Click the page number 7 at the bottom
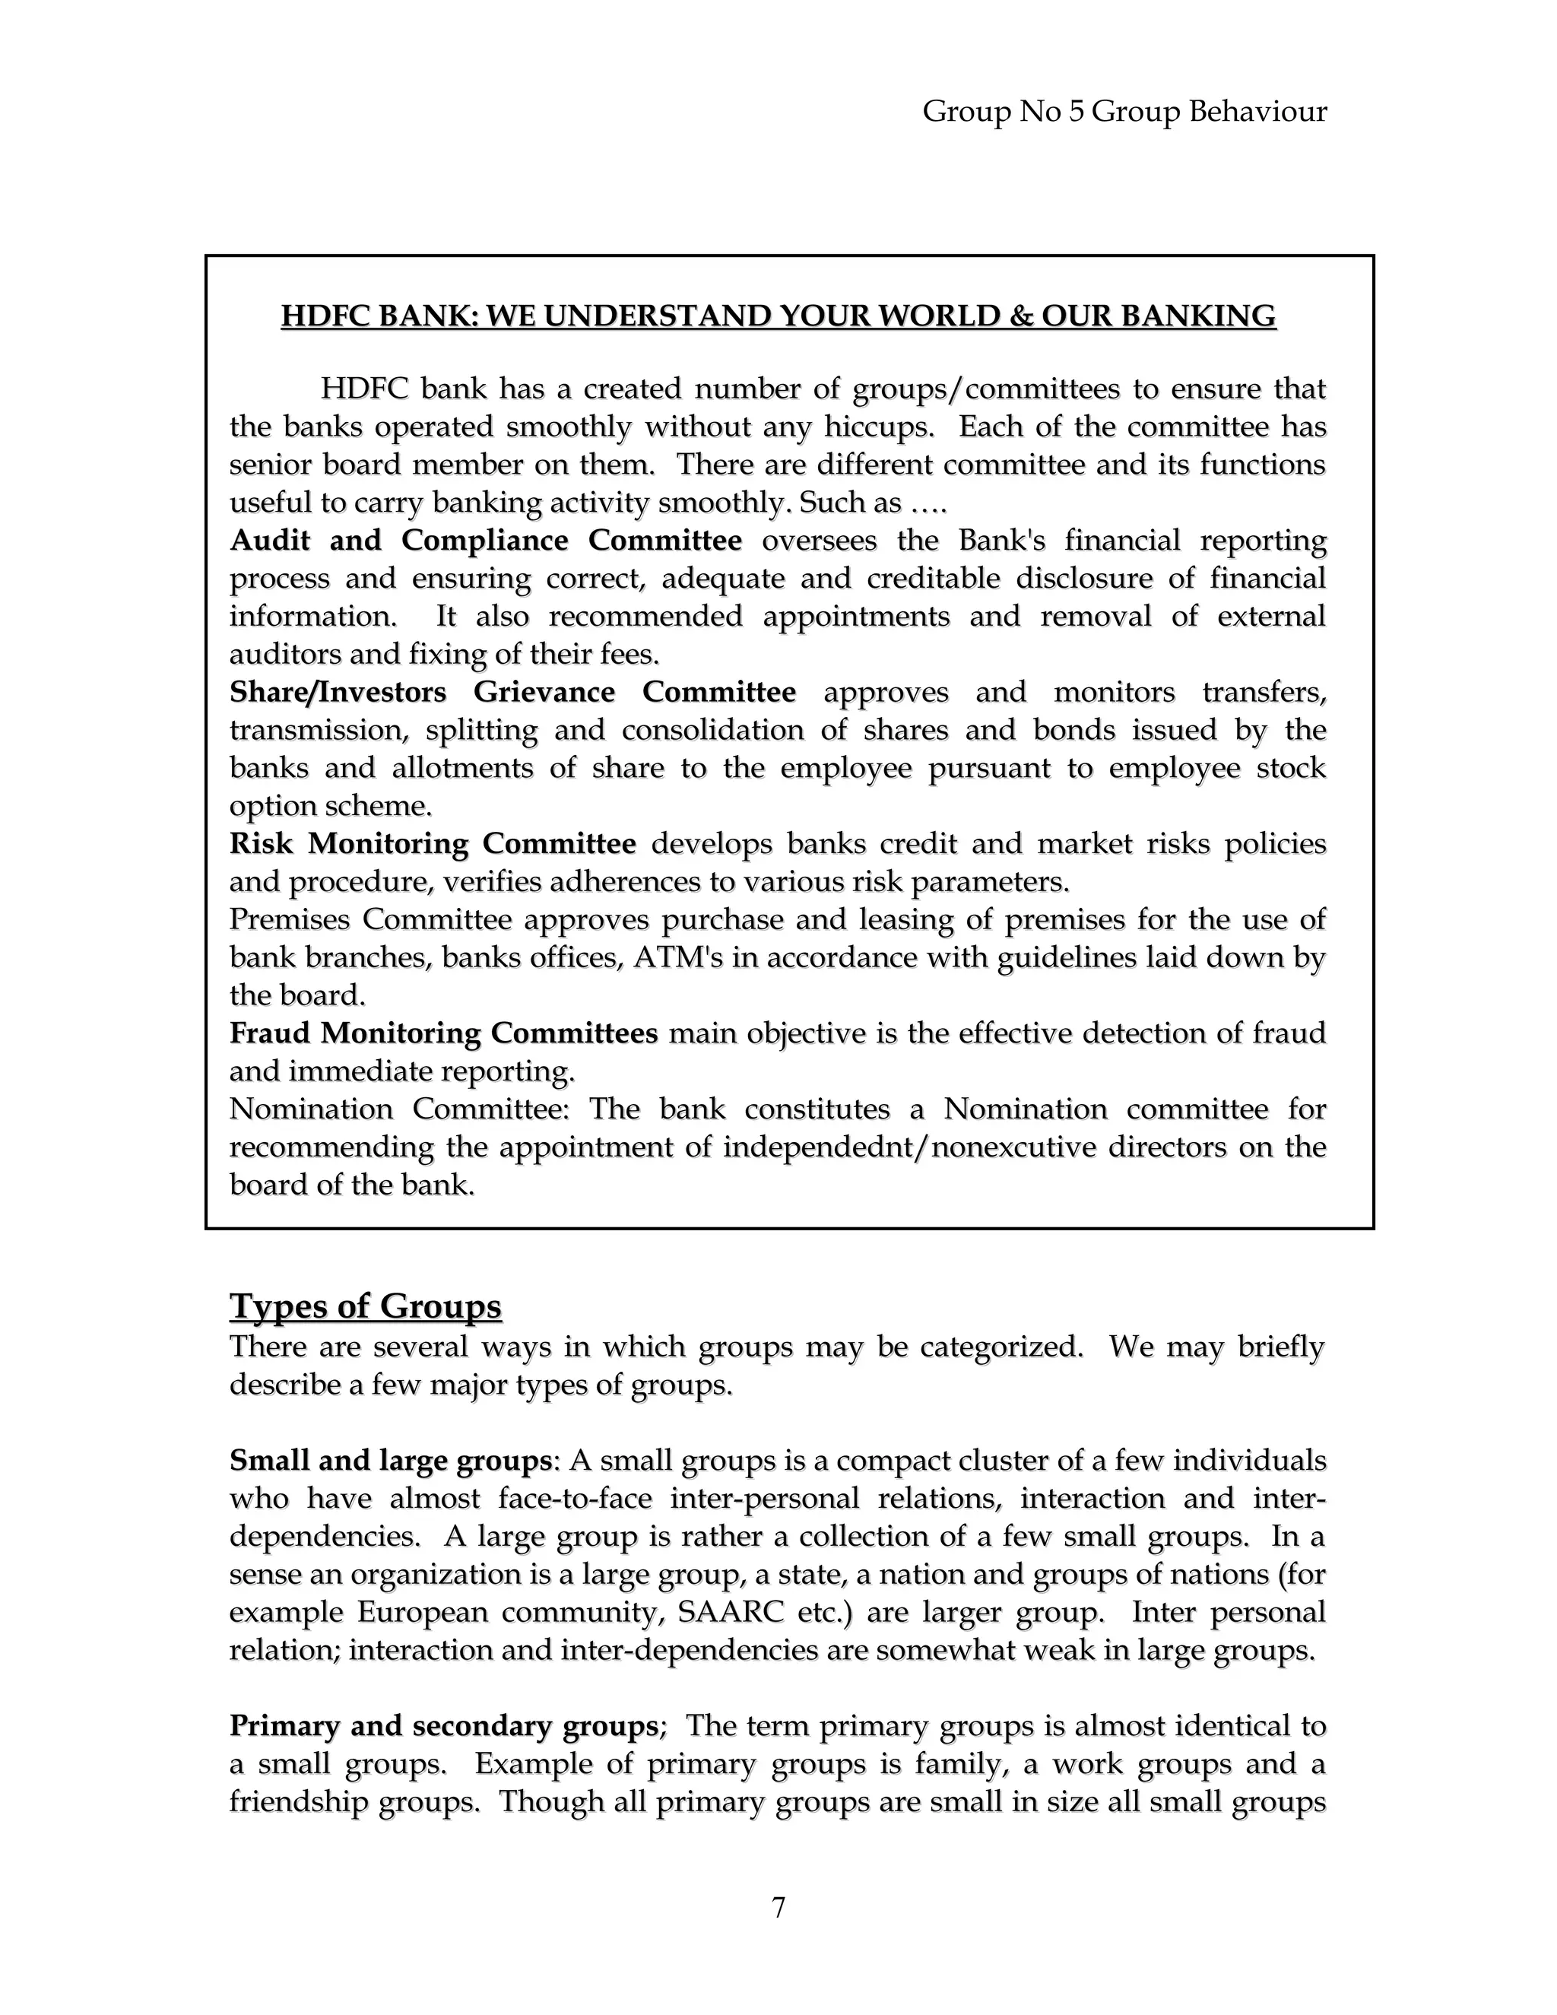click(778, 1907)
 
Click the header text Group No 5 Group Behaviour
click(1124, 112)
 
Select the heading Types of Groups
click(365, 1306)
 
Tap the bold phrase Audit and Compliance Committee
click(485, 540)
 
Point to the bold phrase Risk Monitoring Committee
click(433, 843)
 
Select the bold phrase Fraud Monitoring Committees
click(442, 1033)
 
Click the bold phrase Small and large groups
click(390, 1461)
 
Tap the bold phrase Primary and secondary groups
click(442, 1725)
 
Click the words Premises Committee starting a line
click(370, 919)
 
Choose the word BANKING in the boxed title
click(1198, 316)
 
